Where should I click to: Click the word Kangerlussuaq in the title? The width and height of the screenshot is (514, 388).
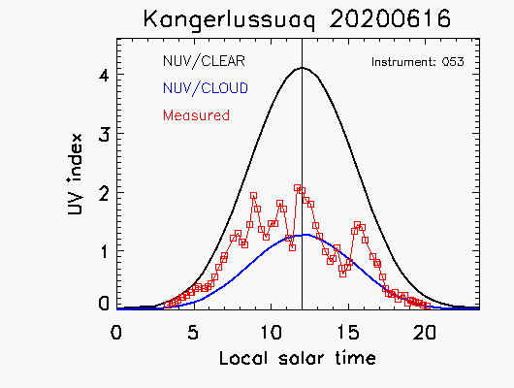229,19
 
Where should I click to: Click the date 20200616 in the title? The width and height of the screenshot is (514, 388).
390,18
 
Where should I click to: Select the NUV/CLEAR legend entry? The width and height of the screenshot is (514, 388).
204,61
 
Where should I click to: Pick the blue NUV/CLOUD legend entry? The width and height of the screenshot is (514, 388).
206,88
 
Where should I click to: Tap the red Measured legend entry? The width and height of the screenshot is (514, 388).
196,115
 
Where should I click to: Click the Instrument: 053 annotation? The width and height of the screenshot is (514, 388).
418,62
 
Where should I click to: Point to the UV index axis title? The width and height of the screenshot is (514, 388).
75,175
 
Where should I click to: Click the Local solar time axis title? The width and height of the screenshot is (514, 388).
298,358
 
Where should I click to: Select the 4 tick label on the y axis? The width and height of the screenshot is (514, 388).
104,76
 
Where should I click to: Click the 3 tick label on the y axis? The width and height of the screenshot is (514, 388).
104,134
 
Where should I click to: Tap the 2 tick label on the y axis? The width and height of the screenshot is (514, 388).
104,194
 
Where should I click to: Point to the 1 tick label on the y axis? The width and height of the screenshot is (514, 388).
105,252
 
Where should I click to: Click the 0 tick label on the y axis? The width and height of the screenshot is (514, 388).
104,304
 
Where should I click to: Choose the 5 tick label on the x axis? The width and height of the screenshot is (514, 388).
193,333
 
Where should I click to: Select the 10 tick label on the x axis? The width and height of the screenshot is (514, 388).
272,333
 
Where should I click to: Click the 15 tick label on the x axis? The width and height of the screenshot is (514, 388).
348,333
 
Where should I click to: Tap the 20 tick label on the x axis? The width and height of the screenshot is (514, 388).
425,333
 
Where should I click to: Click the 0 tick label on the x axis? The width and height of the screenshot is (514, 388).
116,333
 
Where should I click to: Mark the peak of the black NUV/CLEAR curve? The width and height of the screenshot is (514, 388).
302,68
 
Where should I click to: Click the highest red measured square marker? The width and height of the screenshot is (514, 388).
298,188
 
